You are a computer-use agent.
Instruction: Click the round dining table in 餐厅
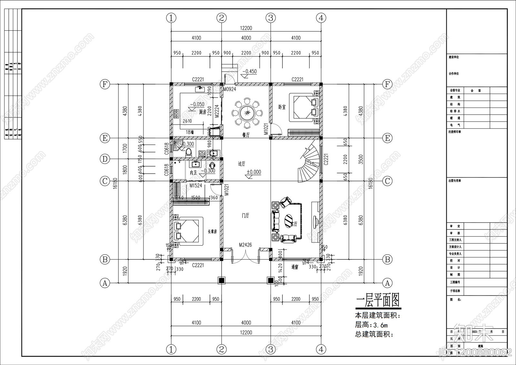point(247,113)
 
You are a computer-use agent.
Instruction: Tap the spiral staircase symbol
point(309,163)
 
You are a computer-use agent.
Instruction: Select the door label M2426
point(245,245)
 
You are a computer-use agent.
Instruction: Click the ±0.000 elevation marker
point(254,172)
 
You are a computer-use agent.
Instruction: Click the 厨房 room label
point(203,112)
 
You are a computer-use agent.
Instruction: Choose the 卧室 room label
point(282,107)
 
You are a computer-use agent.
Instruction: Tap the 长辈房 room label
point(212,231)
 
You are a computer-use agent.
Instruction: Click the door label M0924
point(230,89)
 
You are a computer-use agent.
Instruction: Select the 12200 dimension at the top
point(246,28)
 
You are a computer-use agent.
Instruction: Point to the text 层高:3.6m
point(371,325)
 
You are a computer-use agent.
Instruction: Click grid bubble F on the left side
point(104,85)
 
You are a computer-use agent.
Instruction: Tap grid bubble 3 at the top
point(271,18)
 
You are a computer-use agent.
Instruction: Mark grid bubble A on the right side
point(387,283)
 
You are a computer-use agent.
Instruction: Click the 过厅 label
point(242,164)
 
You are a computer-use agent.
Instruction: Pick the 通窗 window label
point(294,267)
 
